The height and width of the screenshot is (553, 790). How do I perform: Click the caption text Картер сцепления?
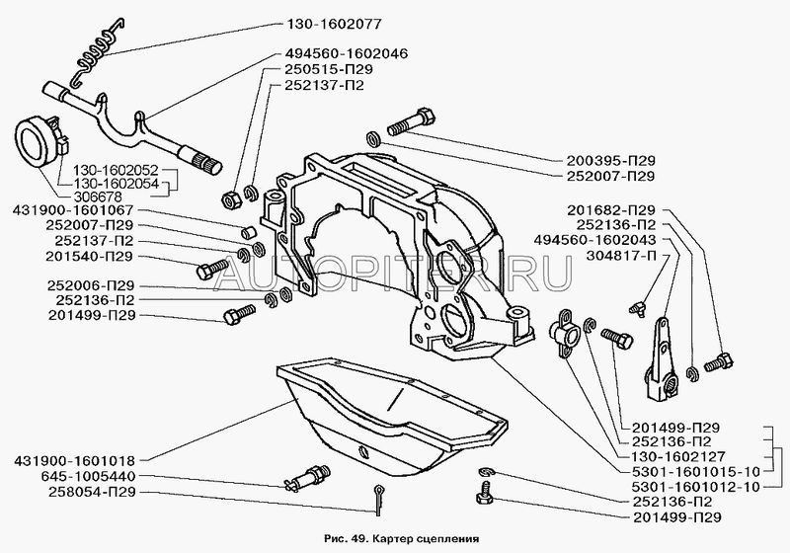tap(431, 541)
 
